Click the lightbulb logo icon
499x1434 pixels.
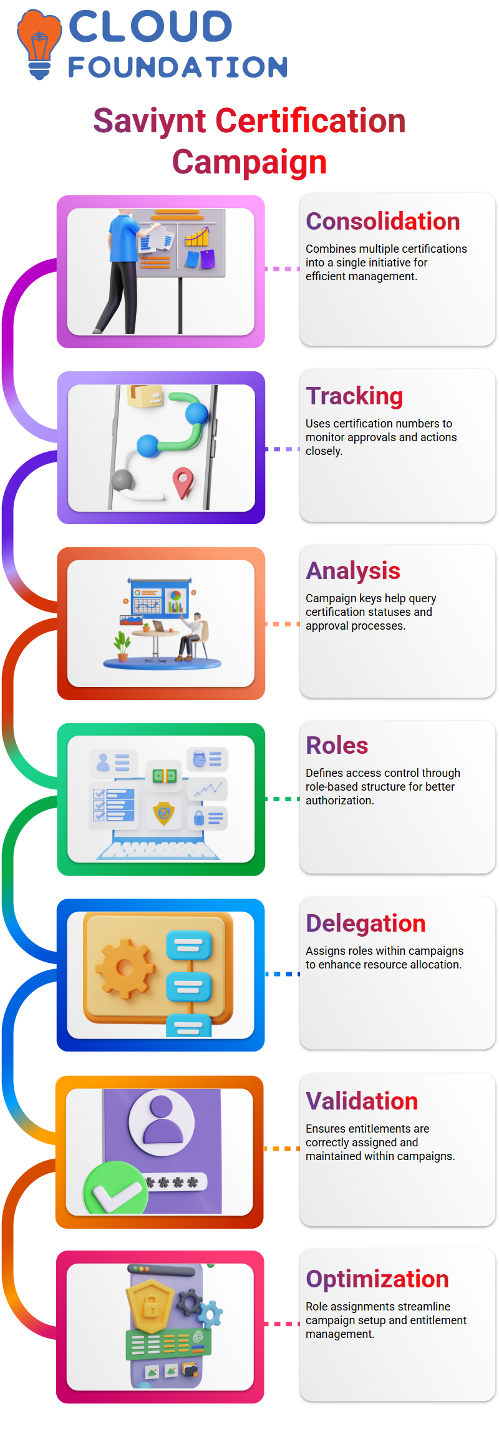[x=39, y=44]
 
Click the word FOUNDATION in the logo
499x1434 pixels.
[x=178, y=67]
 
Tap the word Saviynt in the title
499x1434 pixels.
[x=149, y=122]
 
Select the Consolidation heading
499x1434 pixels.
[x=383, y=222]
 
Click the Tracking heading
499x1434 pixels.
[x=354, y=396]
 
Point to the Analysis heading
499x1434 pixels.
[x=353, y=571]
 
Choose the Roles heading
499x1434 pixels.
[x=337, y=746]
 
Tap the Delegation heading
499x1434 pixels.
[x=366, y=924]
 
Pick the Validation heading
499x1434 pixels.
[x=362, y=1101]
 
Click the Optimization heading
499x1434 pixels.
[x=377, y=1279]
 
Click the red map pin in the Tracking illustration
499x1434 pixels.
[x=183, y=483]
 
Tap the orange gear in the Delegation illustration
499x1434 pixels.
[x=124, y=968]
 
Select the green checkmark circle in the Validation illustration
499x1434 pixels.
[x=116, y=1188]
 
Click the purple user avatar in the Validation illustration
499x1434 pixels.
[x=162, y=1121]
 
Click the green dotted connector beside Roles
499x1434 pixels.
[x=283, y=799]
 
